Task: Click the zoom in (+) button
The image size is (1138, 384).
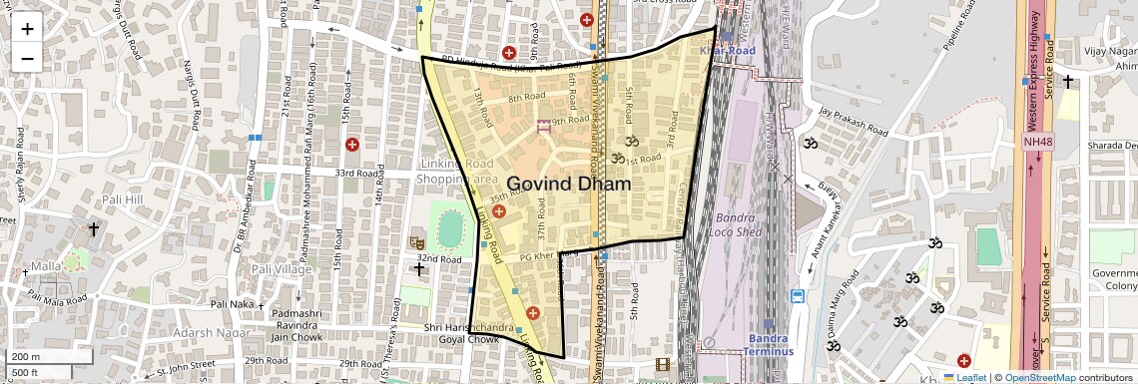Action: coord(27,29)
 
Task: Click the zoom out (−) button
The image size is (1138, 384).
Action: coord(27,58)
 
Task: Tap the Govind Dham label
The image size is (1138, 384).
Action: coord(569,185)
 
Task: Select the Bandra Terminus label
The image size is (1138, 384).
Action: coord(770,345)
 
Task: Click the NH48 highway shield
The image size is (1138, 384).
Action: coord(1037,142)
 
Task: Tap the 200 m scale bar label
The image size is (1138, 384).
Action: coord(25,357)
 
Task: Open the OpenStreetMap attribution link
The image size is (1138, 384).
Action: coord(1039,377)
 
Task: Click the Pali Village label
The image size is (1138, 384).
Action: coord(281,269)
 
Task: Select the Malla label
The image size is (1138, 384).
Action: coord(46,266)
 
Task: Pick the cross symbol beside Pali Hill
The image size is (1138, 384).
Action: coord(94,229)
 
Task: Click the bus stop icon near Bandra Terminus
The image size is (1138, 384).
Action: coord(798,296)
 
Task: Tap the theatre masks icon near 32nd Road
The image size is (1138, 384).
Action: coord(417,242)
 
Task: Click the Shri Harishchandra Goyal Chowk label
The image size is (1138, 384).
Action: coord(469,333)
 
